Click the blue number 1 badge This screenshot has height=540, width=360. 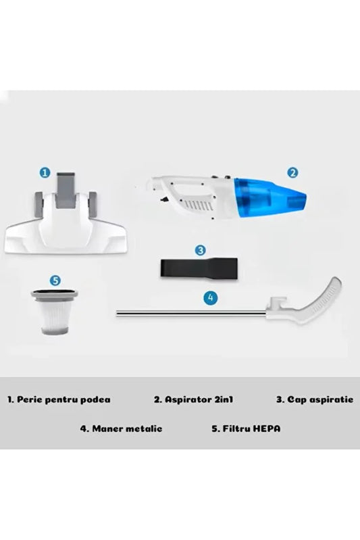click(x=45, y=172)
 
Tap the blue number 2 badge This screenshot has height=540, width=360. click(x=292, y=172)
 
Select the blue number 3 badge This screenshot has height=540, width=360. click(x=200, y=249)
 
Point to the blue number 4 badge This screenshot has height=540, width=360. click(x=211, y=296)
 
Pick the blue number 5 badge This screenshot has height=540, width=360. click(x=55, y=279)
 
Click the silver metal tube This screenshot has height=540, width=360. click(x=189, y=312)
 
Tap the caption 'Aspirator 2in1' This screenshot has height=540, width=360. click(x=190, y=399)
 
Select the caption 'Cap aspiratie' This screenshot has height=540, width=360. click(x=314, y=399)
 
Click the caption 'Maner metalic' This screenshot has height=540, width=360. click(x=122, y=428)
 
